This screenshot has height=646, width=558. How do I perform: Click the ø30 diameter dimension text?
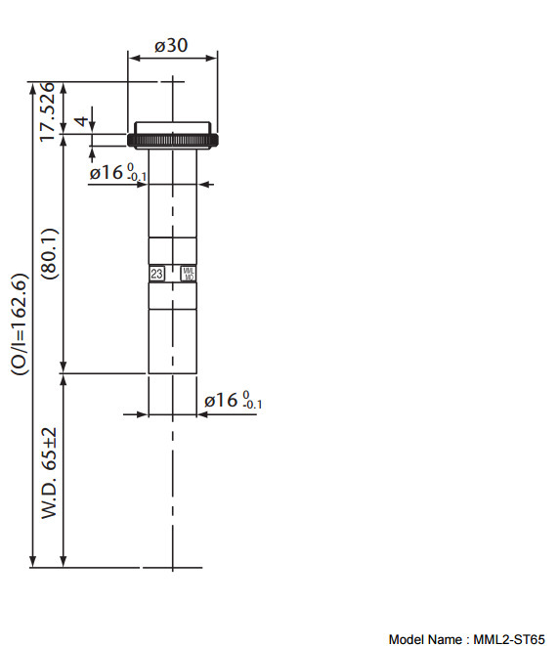tap(171, 45)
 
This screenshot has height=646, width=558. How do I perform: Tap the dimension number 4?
tap(82, 123)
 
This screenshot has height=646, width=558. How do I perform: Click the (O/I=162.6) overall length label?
tap(19, 323)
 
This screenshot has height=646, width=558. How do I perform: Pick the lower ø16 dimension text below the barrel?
tap(223, 400)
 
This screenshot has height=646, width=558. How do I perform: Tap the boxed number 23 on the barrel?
tap(157, 275)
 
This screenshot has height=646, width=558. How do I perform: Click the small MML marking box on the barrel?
tap(189, 275)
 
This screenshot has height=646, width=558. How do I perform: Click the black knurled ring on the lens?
tap(174, 141)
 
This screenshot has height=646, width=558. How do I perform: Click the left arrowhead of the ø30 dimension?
tap(133, 57)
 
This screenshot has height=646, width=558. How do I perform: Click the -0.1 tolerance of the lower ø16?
tap(253, 405)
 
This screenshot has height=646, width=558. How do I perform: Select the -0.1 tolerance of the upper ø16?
tap(138, 177)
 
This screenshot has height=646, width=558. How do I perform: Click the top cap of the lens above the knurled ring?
tap(174, 128)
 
